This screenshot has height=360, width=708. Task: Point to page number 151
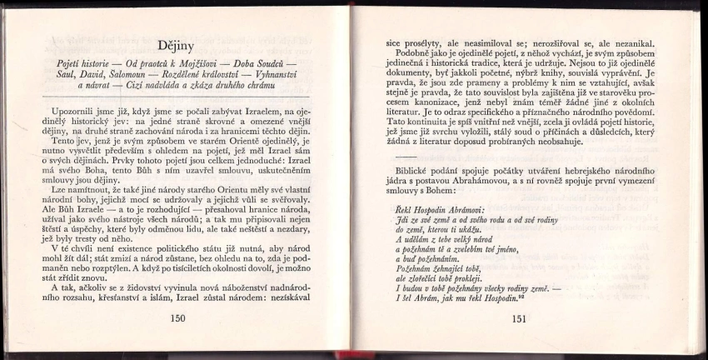click(519, 318)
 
